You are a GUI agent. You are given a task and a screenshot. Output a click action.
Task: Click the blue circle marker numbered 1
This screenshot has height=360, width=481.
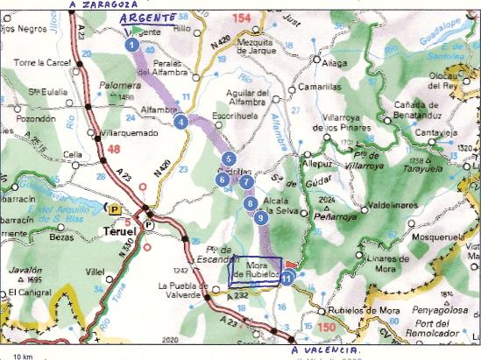pos(131,43)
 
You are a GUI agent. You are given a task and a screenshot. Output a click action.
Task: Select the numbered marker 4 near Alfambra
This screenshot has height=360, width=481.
pos(180,122)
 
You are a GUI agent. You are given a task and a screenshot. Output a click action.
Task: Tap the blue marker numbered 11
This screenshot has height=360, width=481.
pos(287,278)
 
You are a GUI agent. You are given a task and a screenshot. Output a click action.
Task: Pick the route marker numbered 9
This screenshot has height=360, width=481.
pos(260,218)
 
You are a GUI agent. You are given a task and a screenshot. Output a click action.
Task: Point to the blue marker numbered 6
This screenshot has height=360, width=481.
pos(223,179)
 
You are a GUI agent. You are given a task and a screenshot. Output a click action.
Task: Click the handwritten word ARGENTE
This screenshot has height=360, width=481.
pos(148,17)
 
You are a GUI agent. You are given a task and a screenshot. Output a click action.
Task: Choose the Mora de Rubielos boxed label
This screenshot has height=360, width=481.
pos(254,270)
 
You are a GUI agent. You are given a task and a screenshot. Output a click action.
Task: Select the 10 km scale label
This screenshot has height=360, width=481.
pos(22,356)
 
